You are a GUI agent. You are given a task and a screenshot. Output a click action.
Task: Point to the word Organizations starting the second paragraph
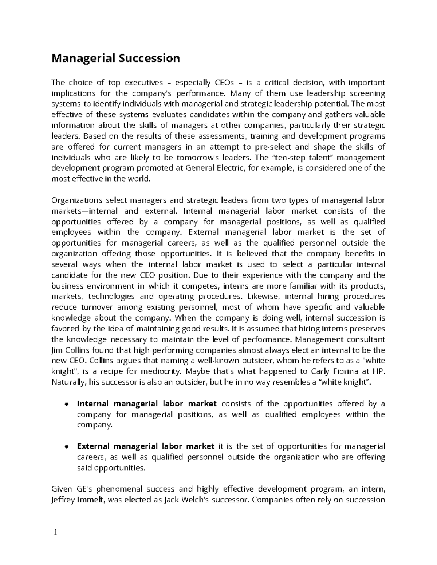pyautogui.click(x=77, y=200)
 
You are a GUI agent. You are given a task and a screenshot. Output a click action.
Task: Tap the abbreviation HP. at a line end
pyautogui.click(x=378, y=371)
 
